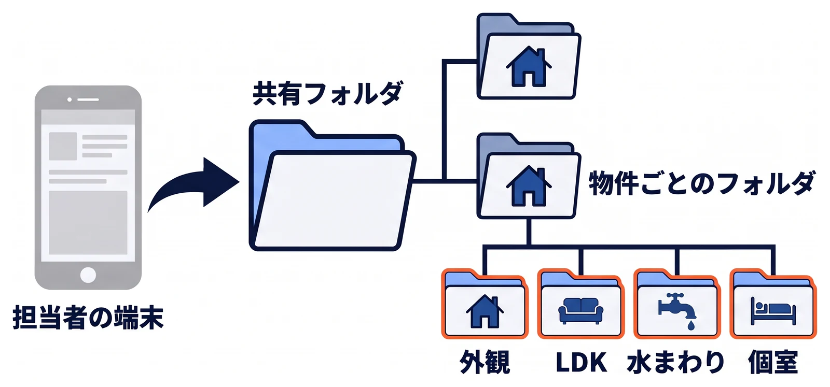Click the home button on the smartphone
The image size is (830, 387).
88,275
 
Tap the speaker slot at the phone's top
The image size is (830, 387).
88,99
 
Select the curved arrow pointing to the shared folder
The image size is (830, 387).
192,183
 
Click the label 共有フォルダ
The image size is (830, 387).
327,93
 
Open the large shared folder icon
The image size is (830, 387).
333,185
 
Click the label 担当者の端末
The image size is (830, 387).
88,317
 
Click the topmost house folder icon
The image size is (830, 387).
529,56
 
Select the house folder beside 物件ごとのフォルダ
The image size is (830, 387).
529,176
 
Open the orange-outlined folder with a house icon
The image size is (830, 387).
485,304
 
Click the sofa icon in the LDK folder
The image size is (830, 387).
580,311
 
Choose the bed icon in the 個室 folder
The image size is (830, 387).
773,311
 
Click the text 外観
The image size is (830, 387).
485,362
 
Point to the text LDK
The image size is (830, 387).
581,362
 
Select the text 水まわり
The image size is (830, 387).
676,362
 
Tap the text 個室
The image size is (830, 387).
773,362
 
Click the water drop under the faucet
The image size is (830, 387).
690,325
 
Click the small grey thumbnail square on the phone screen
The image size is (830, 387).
63,146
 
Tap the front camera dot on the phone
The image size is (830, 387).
70,99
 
